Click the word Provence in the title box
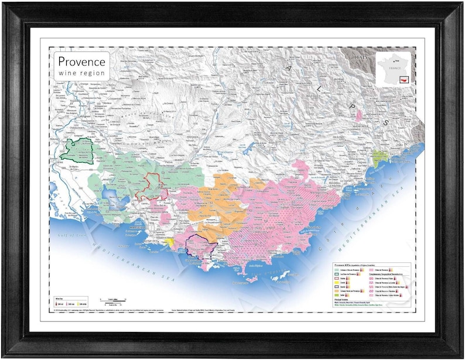pos(81,61)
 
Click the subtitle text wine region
pos(81,73)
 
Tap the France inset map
pos(393,70)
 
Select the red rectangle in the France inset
pos(404,78)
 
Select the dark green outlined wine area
pos(77,150)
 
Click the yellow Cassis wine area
pos(169,242)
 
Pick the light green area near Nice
pos(380,157)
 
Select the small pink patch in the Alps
pos(358,115)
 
